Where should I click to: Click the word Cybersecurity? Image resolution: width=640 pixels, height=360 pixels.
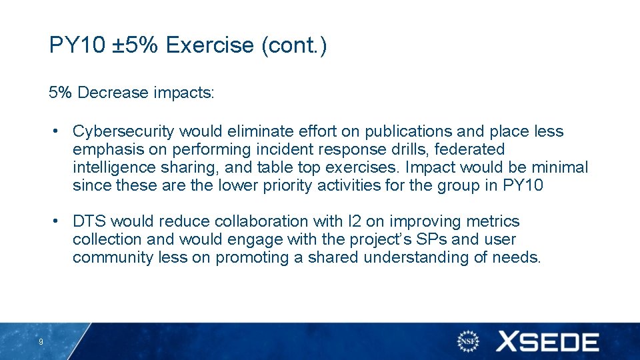point(123,131)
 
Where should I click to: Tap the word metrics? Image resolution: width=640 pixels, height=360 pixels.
point(493,221)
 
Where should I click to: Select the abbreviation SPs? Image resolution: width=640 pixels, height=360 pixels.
point(415,239)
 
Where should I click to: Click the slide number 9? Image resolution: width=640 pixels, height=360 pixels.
point(41,342)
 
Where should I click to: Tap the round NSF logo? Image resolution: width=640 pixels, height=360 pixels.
point(469,341)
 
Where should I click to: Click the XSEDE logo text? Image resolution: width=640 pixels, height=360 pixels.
point(547,342)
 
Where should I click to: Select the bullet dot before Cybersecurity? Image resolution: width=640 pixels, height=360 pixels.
point(60,131)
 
